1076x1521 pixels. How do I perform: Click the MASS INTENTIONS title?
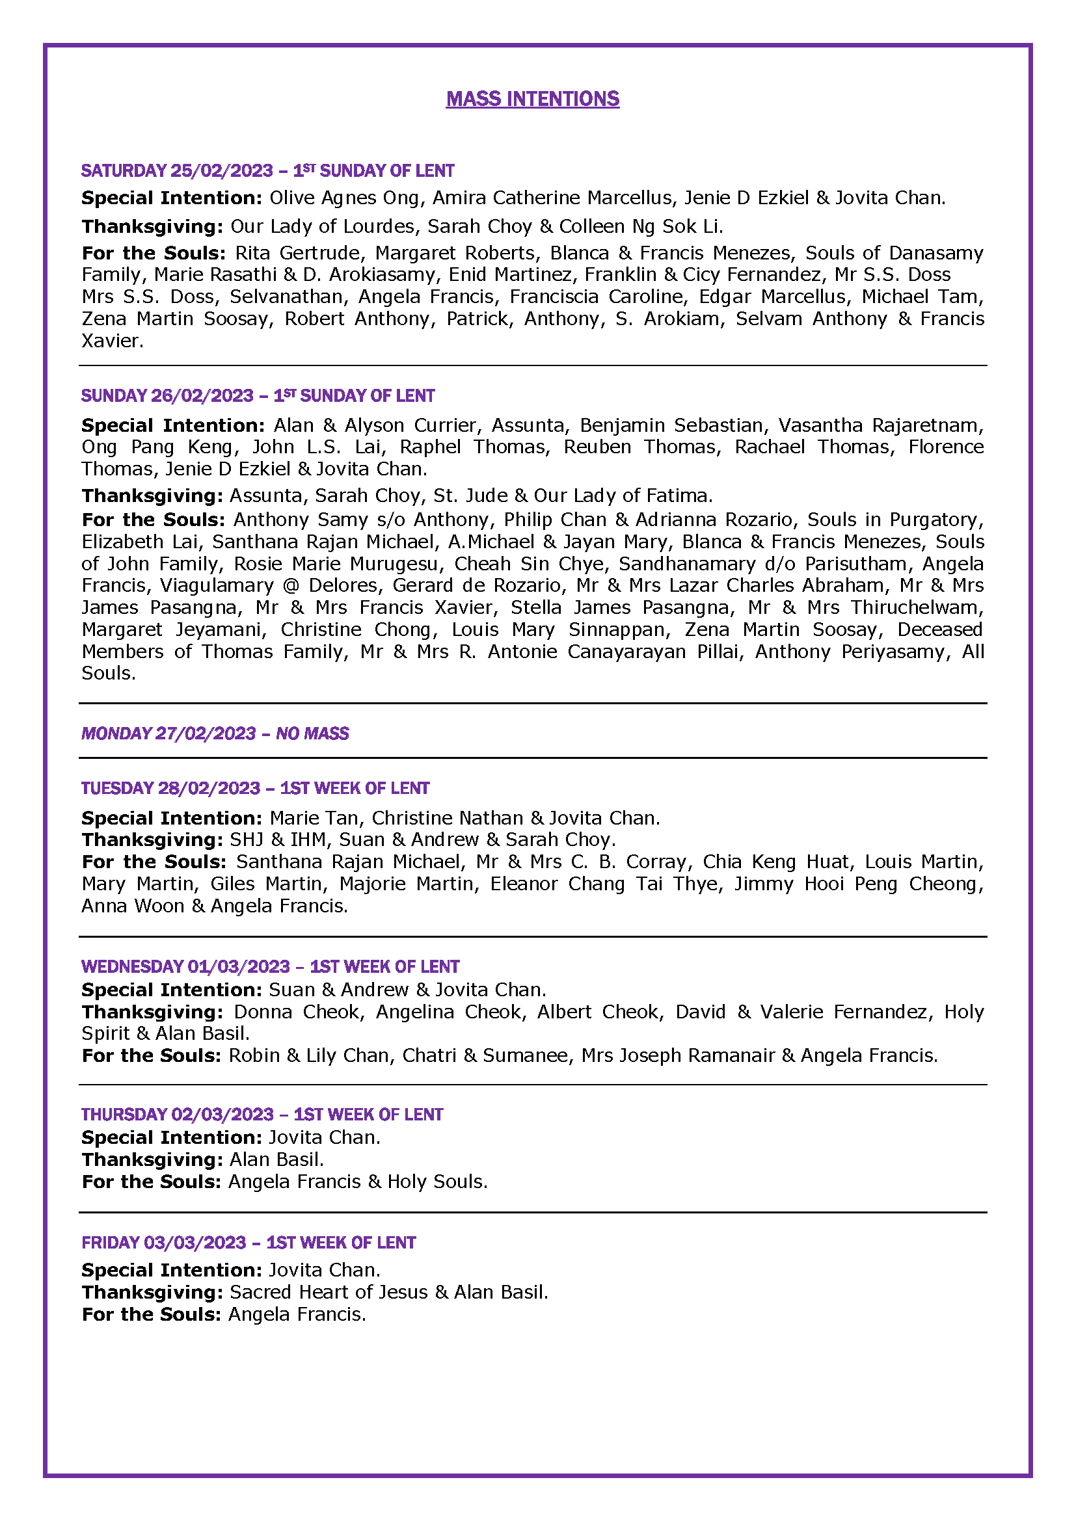pyautogui.click(x=532, y=99)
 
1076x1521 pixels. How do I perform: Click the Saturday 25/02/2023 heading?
pyautogui.click(x=267, y=171)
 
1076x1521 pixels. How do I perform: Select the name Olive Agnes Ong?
pyautogui.click(x=344, y=198)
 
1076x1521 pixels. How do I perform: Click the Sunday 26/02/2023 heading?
pyautogui.click(x=257, y=396)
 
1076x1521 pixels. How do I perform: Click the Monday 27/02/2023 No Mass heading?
pyautogui.click(x=215, y=734)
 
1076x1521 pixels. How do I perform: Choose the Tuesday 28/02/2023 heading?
pyautogui.click(x=255, y=788)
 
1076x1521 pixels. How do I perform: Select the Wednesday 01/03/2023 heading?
pyautogui.click(x=270, y=966)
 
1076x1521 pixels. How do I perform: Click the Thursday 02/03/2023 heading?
pyautogui.click(x=262, y=1115)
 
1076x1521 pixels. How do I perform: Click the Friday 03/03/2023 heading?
pyautogui.click(x=249, y=1242)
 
